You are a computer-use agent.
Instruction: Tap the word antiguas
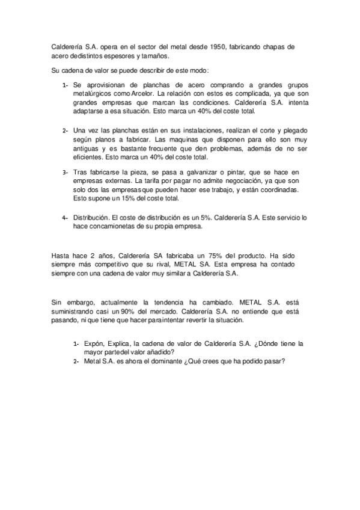pos(88,147)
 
